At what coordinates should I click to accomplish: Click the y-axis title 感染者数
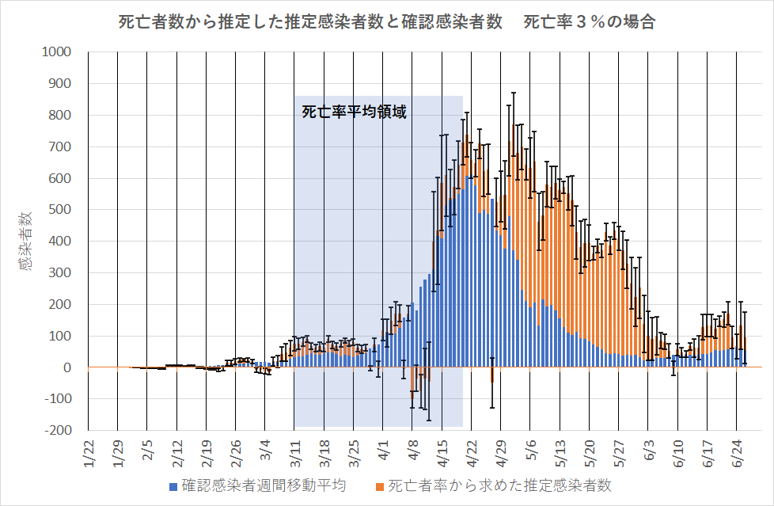pos(26,242)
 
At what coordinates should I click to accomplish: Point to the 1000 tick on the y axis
pos(57,52)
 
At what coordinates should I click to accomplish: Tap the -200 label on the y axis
pos(57,431)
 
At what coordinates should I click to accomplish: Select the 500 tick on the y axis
pos(60,210)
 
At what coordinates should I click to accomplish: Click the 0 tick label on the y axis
pos(67,367)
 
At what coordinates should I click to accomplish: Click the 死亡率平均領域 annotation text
pos(354,112)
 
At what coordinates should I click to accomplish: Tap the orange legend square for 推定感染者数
pos(381,485)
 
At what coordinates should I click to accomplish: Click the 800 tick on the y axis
pos(60,116)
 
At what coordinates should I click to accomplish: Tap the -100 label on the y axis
pos(57,399)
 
